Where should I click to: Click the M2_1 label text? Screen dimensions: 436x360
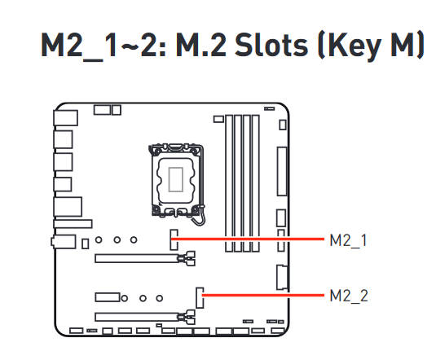(x=348, y=240)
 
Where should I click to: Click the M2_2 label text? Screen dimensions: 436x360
(x=349, y=296)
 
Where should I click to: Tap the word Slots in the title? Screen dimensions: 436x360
(x=271, y=45)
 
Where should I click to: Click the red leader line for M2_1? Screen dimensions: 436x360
(x=248, y=239)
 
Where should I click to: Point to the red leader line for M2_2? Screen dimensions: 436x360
(x=263, y=295)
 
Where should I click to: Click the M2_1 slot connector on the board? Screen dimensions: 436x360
(x=174, y=239)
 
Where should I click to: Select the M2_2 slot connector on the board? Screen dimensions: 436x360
(x=200, y=298)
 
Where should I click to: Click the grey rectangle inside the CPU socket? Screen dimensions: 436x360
(x=176, y=179)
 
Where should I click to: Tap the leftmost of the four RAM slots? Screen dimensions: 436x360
(x=229, y=183)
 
